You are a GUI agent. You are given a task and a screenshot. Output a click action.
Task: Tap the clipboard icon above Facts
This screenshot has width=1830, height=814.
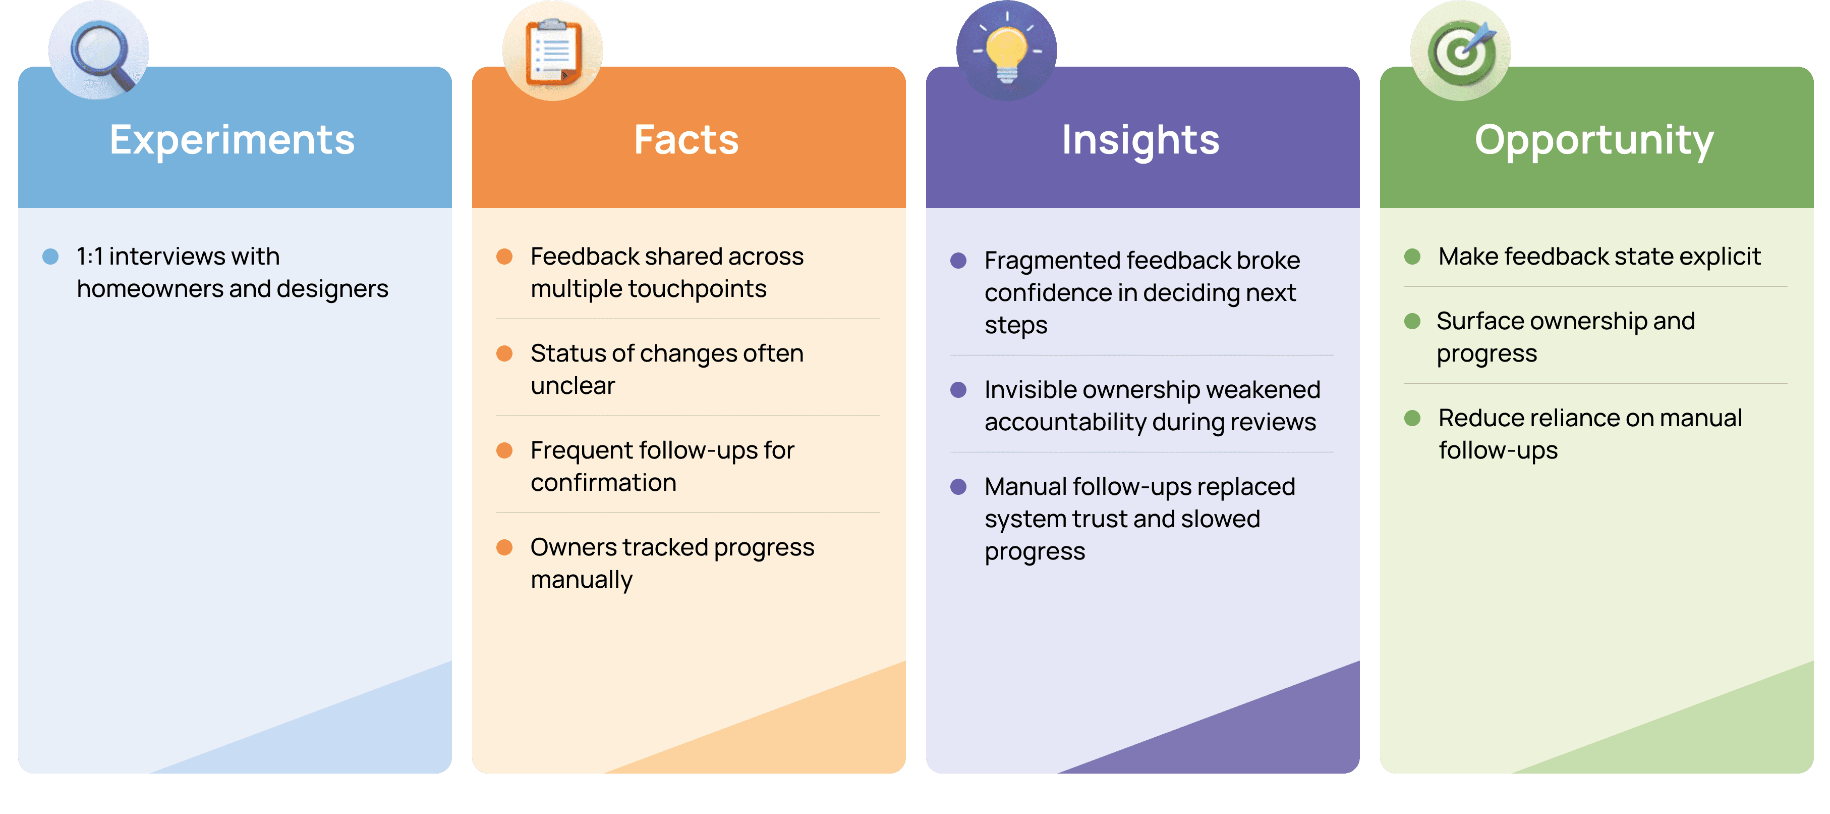(553, 51)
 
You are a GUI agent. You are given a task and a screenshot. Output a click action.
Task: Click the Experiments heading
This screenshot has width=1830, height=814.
(233, 140)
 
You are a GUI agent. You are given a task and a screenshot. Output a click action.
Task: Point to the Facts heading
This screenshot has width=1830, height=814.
(686, 140)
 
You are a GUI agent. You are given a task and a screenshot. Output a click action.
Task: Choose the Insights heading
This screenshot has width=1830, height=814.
(1140, 140)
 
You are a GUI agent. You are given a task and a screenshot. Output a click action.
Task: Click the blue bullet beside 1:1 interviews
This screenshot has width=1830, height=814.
(50, 257)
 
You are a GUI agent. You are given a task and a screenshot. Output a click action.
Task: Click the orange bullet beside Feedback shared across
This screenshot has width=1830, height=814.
(504, 257)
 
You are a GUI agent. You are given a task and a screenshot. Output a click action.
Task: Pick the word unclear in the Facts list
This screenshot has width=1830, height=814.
(573, 386)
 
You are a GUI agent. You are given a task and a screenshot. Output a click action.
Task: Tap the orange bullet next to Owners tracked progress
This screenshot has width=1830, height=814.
(504, 547)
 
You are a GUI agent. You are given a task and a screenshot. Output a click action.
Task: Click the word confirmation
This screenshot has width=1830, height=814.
(603, 483)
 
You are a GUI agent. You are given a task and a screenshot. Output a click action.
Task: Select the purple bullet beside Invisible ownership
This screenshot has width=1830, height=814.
(958, 390)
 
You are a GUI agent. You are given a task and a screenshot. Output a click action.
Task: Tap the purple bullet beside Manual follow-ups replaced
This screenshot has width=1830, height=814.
(958, 487)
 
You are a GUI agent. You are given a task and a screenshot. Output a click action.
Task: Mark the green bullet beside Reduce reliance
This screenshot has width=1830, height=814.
(1412, 418)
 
